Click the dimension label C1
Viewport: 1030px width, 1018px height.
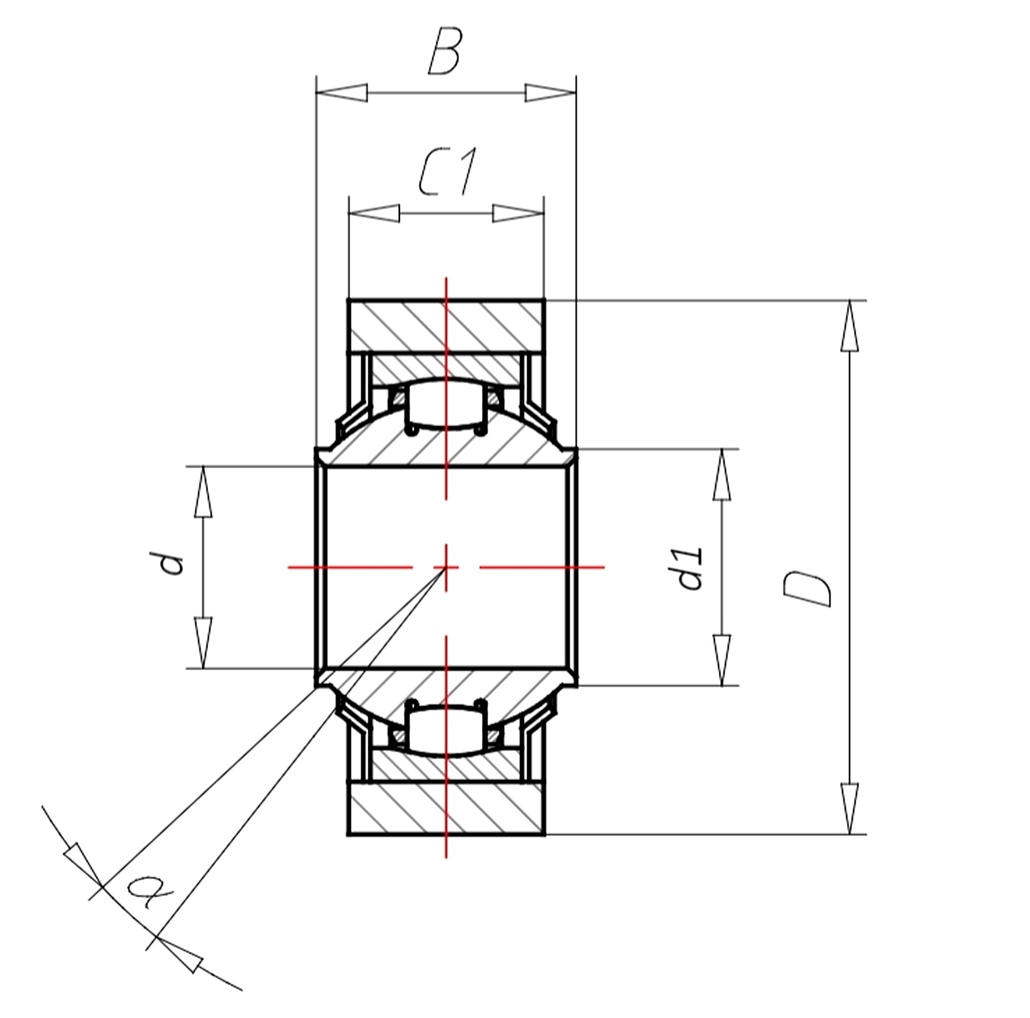tap(447, 172)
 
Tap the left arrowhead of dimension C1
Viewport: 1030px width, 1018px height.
tap(374, 213)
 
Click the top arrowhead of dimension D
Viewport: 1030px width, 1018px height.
tap(849, 325)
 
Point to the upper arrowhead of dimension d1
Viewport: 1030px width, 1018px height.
tap(722, 475)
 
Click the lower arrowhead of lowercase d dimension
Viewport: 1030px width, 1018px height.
tap(203, 642)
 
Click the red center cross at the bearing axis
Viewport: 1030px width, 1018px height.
tap(446, 567)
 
